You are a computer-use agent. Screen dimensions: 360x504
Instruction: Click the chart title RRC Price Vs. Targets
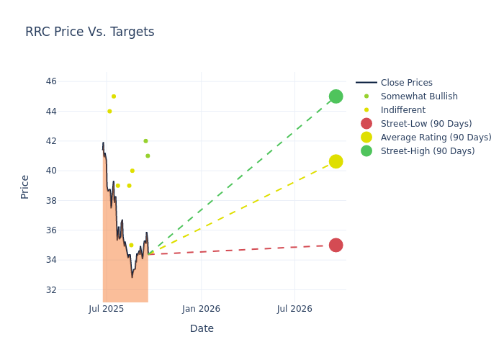89,32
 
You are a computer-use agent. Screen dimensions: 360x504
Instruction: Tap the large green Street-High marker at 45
336,96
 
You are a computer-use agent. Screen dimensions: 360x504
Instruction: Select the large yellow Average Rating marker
336,161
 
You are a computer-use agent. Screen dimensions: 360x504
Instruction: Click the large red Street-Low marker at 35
336,245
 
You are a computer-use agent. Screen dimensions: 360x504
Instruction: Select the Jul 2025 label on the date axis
107,309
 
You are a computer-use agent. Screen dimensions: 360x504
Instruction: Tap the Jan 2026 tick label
201,309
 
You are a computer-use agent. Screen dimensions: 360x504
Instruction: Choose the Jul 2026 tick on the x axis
294,309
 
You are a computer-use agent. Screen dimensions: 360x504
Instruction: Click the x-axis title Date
202,328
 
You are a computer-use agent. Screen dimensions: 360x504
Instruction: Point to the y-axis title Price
25,186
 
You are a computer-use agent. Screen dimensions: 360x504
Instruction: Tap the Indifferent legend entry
402,110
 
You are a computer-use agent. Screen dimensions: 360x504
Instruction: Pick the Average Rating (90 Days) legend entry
436,138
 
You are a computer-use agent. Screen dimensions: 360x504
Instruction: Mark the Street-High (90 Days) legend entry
428,151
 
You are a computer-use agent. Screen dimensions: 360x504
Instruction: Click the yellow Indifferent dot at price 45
114,96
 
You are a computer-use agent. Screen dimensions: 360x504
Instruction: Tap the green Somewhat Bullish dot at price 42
145,141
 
